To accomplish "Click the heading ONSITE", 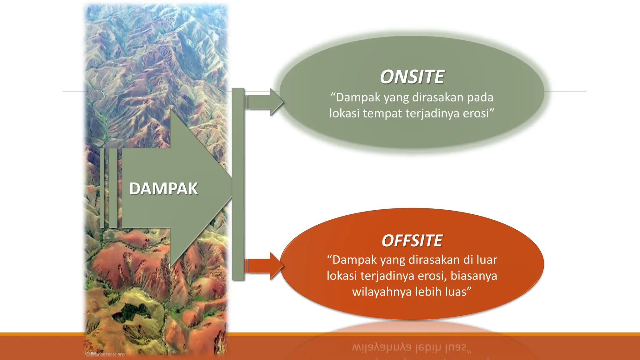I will tap(412, 77).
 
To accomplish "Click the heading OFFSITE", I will tap(412, 241).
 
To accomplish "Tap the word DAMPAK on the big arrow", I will tap(163, 189).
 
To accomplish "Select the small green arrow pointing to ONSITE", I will tap(264, 102).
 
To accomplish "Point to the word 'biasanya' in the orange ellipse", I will tap(473, 276).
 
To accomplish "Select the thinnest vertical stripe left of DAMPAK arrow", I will tap(102, 188).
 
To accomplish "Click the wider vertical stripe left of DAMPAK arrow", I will tap(113, 188).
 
